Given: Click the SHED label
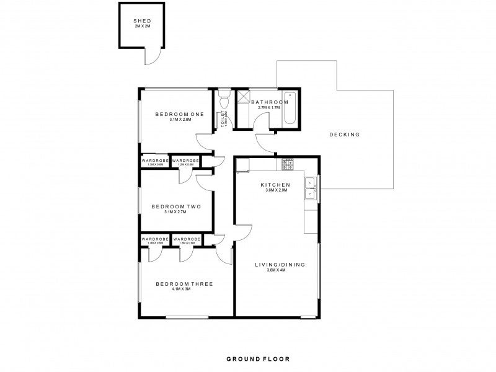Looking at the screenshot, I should point(142,21).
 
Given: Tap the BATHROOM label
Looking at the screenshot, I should point(269,102).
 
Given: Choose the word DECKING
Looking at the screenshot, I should point(345,135).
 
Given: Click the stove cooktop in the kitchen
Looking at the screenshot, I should point(288,164).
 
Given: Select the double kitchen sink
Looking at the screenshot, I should point(309,189).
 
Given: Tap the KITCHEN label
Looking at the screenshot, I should point(275,185).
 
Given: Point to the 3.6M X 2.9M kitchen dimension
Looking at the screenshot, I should point(275,191).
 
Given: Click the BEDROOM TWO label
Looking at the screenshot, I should point(177,206).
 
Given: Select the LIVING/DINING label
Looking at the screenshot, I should point(280,265).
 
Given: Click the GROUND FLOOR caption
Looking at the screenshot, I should point(257,358).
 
